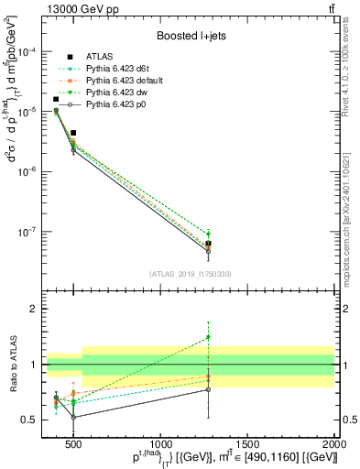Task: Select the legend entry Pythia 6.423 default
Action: [115, 82]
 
